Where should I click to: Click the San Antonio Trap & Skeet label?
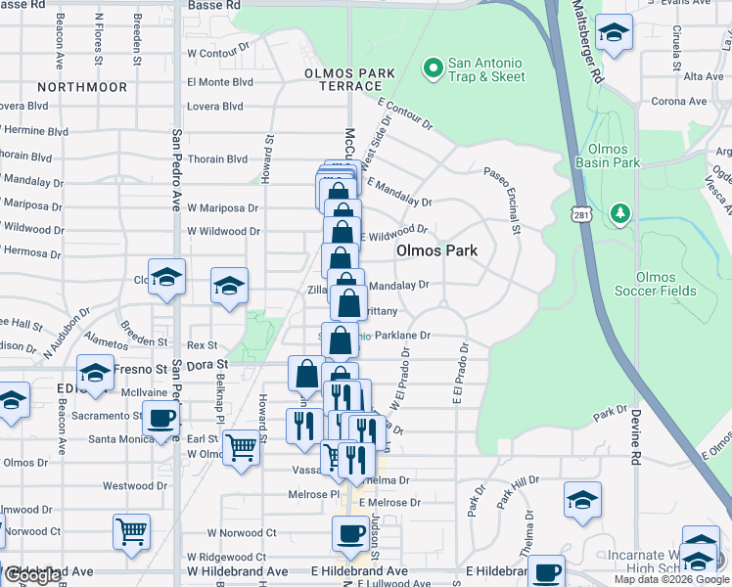coord(485,69)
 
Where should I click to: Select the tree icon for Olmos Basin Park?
coord(618,212)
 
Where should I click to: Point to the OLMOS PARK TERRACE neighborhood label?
coord(349,79)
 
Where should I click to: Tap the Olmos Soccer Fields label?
coord(656,284)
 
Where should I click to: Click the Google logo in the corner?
coord(32,575)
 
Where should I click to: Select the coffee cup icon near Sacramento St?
coord(161,419)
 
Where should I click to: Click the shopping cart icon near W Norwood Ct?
coord(131,531)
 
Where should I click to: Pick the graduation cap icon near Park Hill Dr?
coord(582,499)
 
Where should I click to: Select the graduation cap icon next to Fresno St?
coord(95,373)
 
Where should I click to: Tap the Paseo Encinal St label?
coord(500,200)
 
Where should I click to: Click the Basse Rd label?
coord(212,5)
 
